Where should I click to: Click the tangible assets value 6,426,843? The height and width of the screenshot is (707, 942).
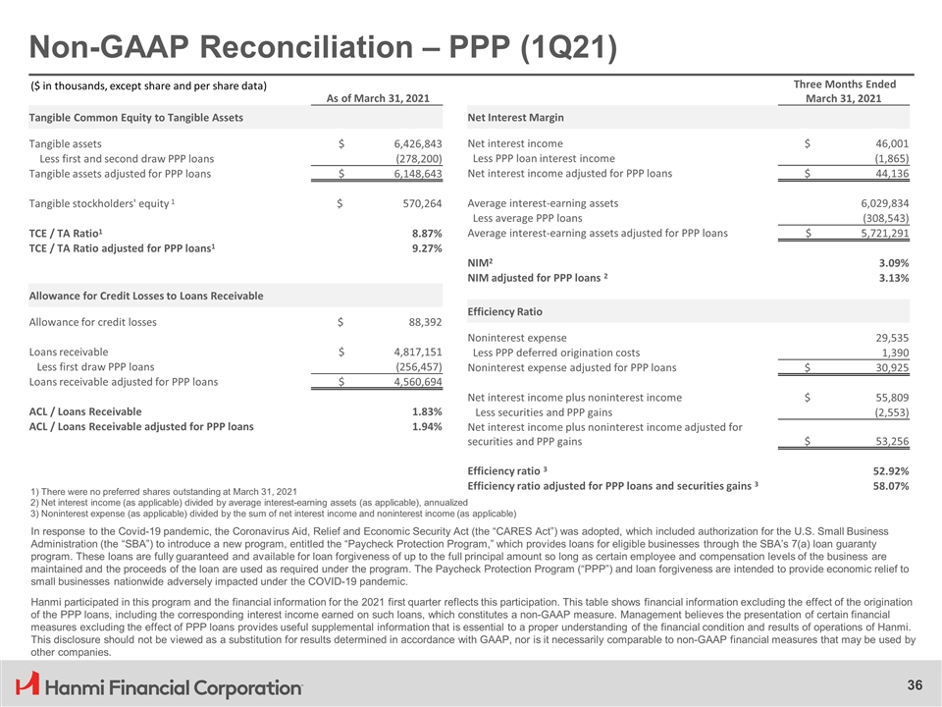tap(412, 143)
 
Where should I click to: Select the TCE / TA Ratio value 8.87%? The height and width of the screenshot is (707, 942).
tap(424, 233)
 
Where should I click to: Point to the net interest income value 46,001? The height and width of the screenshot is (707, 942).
tap(887, 143)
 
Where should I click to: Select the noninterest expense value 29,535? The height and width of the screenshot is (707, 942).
tap(887, 337)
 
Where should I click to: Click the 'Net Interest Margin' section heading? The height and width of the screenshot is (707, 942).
tap(516, 118)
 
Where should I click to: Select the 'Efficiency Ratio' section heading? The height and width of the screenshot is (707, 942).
tap(505, 311)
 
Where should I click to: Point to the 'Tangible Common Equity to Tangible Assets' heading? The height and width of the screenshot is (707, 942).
tap(136, 118)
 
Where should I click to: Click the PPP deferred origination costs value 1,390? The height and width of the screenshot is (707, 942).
tap(894, 353)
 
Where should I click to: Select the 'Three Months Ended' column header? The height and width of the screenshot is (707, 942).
tap(843, 84)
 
